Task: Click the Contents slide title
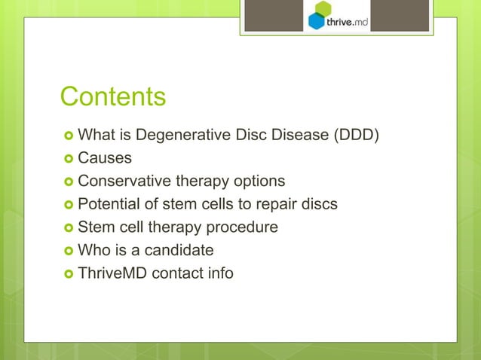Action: [112, 97]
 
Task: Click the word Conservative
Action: [124, 182]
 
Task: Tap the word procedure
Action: [246, 227]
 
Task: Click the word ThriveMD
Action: [112, 273]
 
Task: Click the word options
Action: [259, 182]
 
